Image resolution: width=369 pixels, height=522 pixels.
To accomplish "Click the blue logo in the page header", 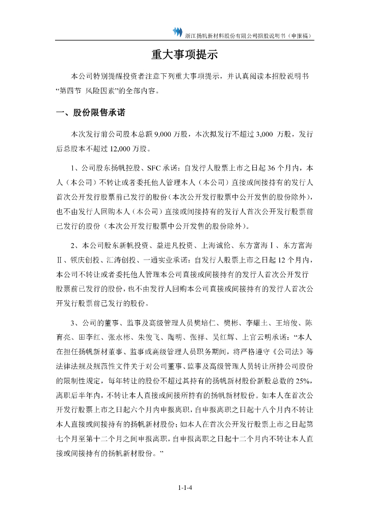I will tap(177, 32).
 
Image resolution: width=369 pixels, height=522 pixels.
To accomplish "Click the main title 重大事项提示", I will tap(184, 55).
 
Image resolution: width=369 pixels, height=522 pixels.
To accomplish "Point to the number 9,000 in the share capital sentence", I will tap(169, 134).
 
